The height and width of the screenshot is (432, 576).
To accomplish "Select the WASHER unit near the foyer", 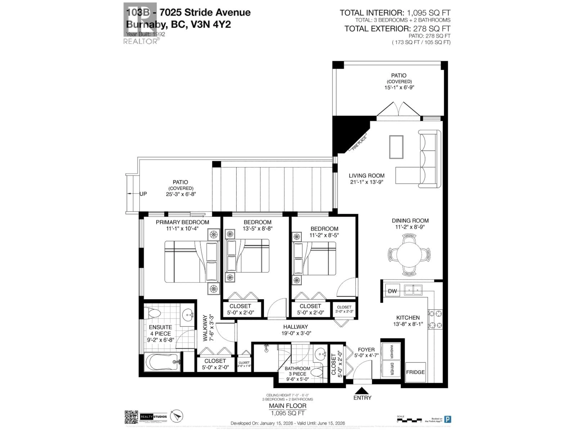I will click(x=391, y=352).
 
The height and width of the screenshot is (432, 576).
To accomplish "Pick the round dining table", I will click(x=409, y=254).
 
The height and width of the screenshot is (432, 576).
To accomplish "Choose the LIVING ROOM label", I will click(x=366, y=176).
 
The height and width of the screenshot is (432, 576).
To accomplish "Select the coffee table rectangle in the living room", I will click(x=396, y=147).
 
